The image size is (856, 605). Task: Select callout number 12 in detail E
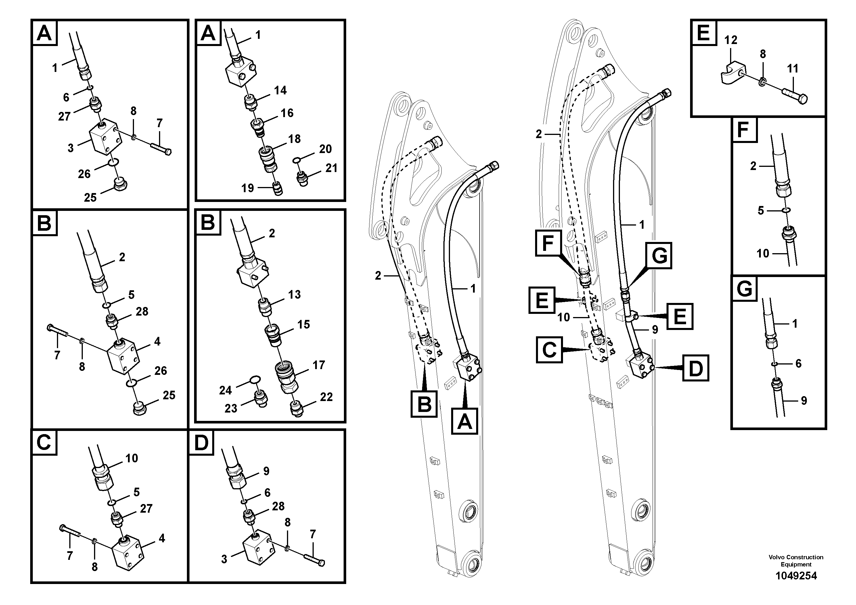coord(730,40)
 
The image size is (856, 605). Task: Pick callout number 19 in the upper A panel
coord(248,188)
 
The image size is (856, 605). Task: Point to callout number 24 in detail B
coord(225,390)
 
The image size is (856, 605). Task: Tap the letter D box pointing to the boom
coord(695,368)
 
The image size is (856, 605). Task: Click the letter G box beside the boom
coord(659,255)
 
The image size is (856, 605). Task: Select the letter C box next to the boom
coord(549,350)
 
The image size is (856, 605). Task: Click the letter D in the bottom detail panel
coord(201,443)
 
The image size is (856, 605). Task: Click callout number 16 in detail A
coord(287,113)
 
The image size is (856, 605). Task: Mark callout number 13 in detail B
coord(294,294)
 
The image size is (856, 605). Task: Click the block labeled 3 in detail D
coord(257,551)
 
